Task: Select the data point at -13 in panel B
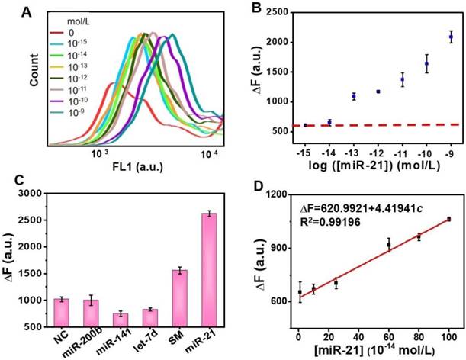coord(353,96)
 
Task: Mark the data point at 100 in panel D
coord(449,220)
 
